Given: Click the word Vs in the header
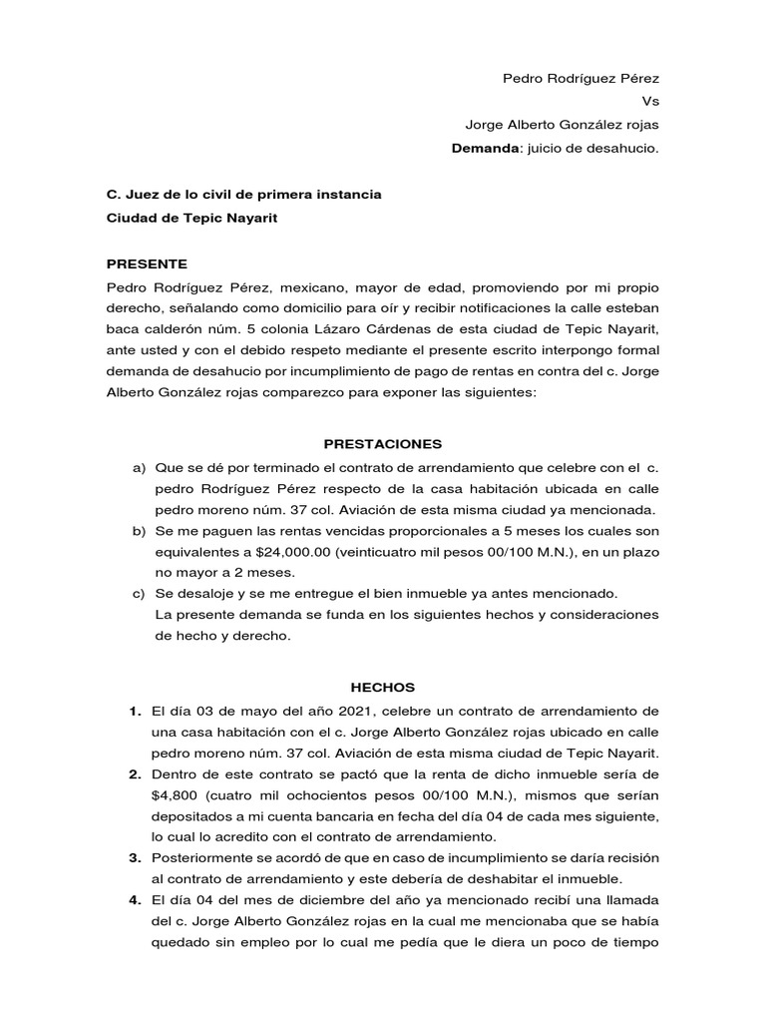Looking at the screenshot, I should pyautogui.click(x=651, y=101).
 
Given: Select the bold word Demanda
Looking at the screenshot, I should pyautogui.click(x=486, y=149).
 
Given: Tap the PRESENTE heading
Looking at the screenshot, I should pyautogui.click(x=147, y=263).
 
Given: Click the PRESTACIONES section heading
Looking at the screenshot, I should pyautogui.click(x=383, y=443).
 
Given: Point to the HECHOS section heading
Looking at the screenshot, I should pyautogui.click(x=382, y=688).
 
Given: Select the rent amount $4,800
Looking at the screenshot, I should pyautogui.click(x=176, y=796).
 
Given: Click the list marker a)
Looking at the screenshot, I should pyautogui.click(x=138, y=467).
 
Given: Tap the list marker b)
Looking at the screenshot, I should pyautogui.click(x=138, y=530).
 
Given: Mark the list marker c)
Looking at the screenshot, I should pyautogui.click(x=138, y=593).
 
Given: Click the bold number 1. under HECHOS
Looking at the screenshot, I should pyautogui.click(x=134, y=711).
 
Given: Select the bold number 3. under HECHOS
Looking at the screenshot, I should pyautogui.click(x=134, y=857).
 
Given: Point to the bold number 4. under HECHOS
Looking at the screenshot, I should pyautogui.click(x=134, y=900).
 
